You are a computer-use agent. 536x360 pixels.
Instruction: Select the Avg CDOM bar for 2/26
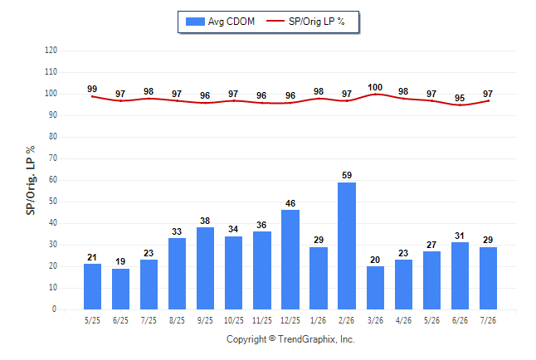[x=347, y=246]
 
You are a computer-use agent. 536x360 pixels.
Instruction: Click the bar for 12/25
[x=290, y=260]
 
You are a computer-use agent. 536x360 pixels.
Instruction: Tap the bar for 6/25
[x=120, y=289]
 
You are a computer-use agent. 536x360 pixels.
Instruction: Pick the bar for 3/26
[x=375, y=288]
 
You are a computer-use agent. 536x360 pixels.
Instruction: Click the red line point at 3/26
[x=375, y=94]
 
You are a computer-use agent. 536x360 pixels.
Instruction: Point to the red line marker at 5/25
[x=92, y=96]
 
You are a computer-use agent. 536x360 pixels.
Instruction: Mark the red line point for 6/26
[x=460, y=105]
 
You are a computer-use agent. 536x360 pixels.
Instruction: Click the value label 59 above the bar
[x=347, y=175]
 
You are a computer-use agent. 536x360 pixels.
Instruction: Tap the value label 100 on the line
[x=375, y=88]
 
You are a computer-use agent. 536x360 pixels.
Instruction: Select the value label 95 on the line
[x=460, y=98]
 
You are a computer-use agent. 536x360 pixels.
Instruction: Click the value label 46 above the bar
[x=290, y=203]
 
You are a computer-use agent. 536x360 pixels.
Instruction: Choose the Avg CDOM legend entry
[x=220, y=22]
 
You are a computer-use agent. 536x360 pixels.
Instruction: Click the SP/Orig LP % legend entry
[x=305, y=22]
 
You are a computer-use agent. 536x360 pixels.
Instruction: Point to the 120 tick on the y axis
[x=51, y=51]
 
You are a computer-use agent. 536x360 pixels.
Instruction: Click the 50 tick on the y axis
[x=53, y=202]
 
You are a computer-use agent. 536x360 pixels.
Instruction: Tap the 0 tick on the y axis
[x=55, y=309]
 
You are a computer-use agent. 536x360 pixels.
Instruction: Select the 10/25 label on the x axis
[x=234, y=320]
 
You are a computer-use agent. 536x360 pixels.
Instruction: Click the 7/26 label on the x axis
[x=488, y=320]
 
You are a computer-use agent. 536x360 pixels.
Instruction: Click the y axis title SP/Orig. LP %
[x=31, y=181]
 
